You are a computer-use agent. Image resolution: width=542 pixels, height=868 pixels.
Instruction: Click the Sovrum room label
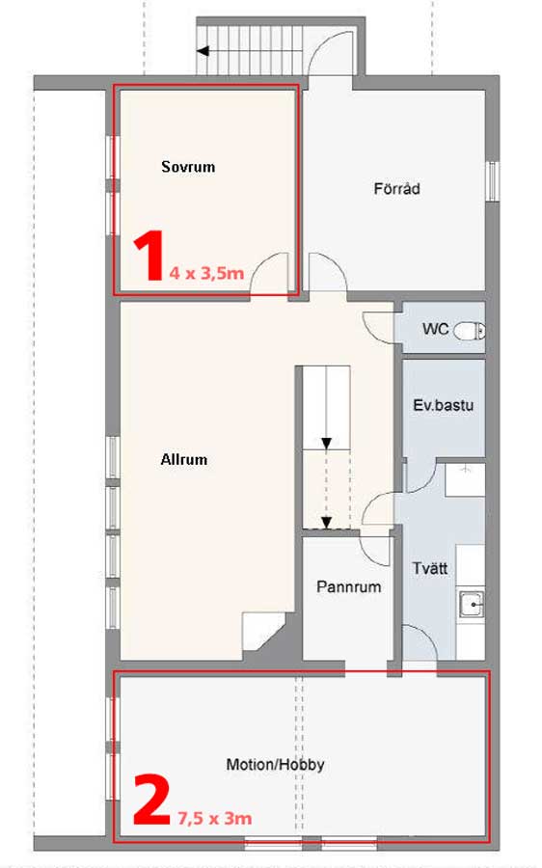(188, 167)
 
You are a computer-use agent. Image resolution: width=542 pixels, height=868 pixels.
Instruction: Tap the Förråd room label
(397, 189)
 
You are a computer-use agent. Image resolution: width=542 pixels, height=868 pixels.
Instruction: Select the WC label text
(435, 329)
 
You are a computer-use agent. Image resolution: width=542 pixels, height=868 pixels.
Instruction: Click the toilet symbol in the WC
(470, 331)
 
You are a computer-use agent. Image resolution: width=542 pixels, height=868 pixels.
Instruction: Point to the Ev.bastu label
(444, 405)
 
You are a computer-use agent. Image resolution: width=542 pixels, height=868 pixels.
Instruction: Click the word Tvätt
(429, 568)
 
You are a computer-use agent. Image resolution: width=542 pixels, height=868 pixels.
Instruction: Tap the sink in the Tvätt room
(472, 605)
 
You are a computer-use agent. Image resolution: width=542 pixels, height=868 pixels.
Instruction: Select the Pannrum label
(349, 586)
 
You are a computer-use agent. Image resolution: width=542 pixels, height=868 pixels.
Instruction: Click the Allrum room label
(184, 459)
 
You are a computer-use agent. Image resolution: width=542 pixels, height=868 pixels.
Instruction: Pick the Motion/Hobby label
(275, 765)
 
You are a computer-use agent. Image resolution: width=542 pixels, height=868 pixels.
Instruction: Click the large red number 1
(149, 256)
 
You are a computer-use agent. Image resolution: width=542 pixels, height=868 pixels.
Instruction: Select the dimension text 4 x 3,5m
(206, 273)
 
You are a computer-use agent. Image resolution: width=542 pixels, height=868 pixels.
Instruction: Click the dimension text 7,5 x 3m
(215, 818)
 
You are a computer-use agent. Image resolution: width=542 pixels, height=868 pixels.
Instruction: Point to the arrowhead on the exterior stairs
(203, 51)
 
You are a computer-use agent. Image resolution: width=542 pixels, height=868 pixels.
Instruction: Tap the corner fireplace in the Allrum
(263, 632)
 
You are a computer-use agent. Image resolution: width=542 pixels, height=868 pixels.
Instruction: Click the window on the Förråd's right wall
(492, 181)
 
